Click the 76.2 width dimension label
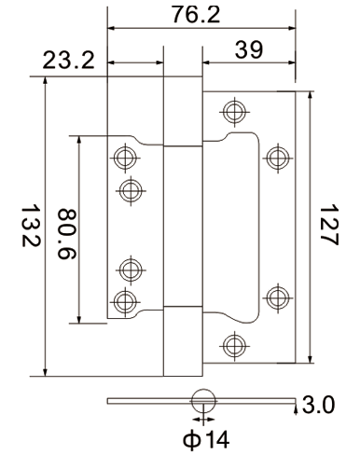pyautogui.click(x=196, y=14)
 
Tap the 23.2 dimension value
pyautogui.click(x=68, y=61)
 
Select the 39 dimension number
pyautogui.click(x=249, y=49)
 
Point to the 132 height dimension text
pyautogui.click(x=31, y=225)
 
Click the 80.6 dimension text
pyautogui.click(x=67, y=234)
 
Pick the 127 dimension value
pyautogui.click(x=329, y=225)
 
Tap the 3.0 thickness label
pyautogui.click(x=319, y=405)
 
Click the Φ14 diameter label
pyautogui.click(x=206, y=439)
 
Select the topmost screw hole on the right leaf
pyautogui.click(x=235, y=112)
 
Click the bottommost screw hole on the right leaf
pyautogui.click(x=235, y=346)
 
